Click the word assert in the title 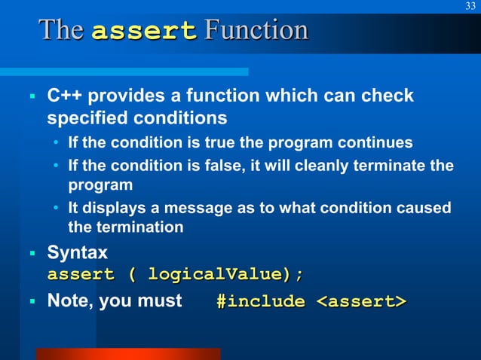[x=144, y=31]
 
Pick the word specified [x=87, y=118]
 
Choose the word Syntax [x=77, y=252]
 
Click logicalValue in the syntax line [x=218, y=273]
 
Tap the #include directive [x=260, y=301]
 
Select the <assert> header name [x=360, y=301]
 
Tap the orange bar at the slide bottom [x=128, y=354]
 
